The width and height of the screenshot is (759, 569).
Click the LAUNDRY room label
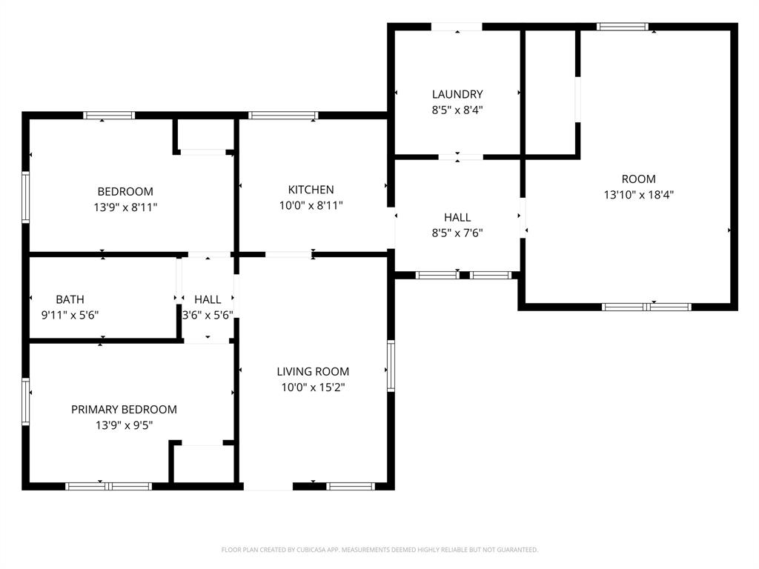click(x=457, y=94)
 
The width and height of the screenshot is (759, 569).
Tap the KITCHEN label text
click(x=311, y=190)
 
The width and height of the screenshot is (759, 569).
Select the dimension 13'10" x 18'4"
click(x=638, y=195)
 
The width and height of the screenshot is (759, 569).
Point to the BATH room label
click(x=70, y=299)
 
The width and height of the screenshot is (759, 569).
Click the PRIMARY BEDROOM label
click(x=124, y=409)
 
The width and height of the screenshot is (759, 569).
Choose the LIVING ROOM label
click(x=313, y=371)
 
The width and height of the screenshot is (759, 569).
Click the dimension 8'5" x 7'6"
click(x=457, y=233)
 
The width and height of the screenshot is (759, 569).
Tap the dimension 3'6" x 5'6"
click(x=208, y=315)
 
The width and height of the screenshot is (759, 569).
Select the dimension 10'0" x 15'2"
click(x=313, y=387)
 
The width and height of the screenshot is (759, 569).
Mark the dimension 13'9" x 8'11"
click(x=125, y=207)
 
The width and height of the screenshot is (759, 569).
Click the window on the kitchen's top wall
click(x=283, y=116)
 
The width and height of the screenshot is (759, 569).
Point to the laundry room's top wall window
click(x=457, y=27)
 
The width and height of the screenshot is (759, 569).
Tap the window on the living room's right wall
click(x=390, y=365)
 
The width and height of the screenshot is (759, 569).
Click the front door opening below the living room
click(x=268, y=487)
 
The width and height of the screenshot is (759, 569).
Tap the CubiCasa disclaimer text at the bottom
click(x=379, y=550)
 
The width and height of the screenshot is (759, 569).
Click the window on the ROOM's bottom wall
click(x=646, y=307)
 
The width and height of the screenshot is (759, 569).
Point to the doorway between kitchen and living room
click(x=288, y=255)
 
